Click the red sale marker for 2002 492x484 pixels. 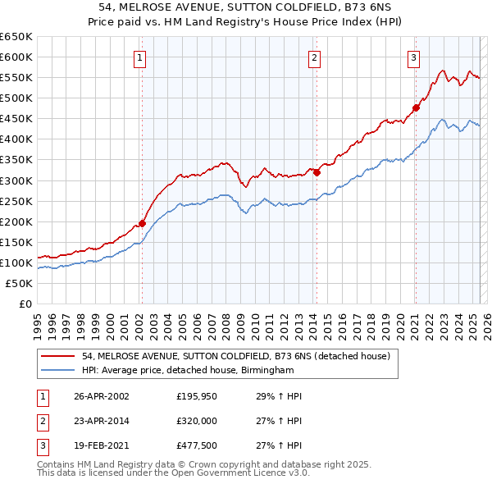click(x=142, y=222)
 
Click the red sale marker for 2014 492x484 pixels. click(x=317, y=172)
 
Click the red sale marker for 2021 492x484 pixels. click(x=416, y=107)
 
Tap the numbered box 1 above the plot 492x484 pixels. click(x=141, y=57)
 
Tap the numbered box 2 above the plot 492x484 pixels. click(x=315, y=57)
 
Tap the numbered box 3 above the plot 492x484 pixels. click(x=414, y=57)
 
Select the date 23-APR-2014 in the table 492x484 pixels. click(x=102, y=422)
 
